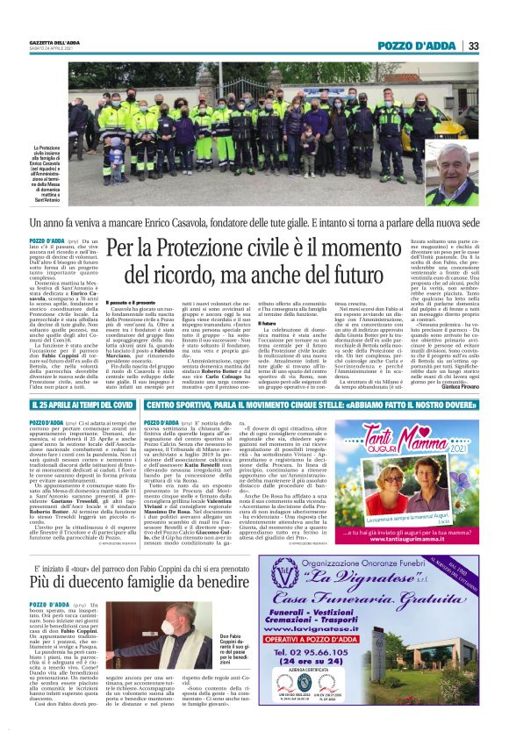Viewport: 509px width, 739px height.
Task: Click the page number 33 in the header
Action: coord(472,46)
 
